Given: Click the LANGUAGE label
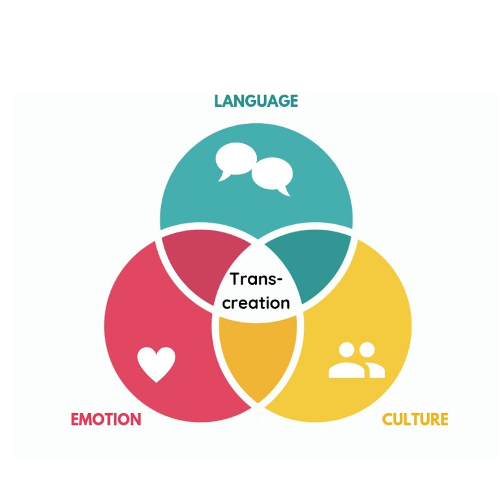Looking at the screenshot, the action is pyautogui.click(x=256, y=101).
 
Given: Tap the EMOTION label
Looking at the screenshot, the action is pyautogui.click(x=106, y=419).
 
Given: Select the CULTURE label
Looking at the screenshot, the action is pyautogui.click(x=415, y=419).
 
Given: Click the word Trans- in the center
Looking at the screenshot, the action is pyautogui.click(x=256, y=279).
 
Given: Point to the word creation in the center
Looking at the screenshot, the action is pyautogui.click(x=256, y=303).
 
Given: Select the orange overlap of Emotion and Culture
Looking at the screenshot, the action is pyautogui.click(x=258, y=356).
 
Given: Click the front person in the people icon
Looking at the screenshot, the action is pyautogui.click(x=347, y=362).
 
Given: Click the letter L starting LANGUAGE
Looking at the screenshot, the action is pyautogui.click(x=218, y=101).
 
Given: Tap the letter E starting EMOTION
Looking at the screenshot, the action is pyautogui.click(x=75, y=420).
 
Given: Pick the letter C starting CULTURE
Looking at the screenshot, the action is pyautogui.click(x=387, y=420).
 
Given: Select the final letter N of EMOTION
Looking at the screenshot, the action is pyautogui.click(x=135, y=420).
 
